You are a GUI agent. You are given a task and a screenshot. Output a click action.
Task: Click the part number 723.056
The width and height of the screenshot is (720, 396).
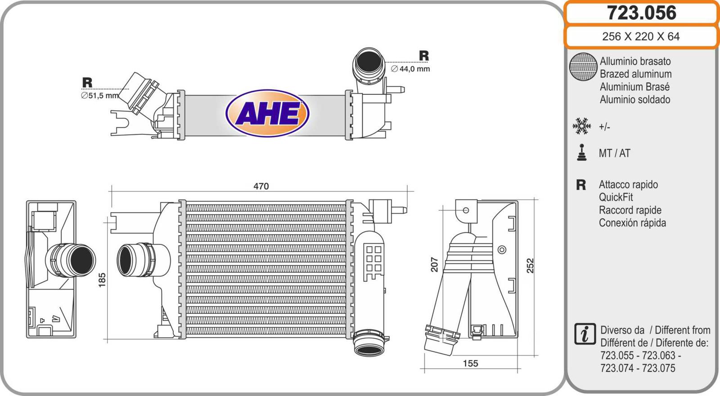[641, 13]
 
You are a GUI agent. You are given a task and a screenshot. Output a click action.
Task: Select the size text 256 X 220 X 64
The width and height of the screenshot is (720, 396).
[641, 36]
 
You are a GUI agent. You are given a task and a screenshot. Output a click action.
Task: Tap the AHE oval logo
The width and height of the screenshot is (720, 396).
[267, 113]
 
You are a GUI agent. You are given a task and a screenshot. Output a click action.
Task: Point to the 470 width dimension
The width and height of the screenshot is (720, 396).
[261, 186]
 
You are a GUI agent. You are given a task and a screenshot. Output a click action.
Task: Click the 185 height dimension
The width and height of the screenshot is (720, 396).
[102, 280]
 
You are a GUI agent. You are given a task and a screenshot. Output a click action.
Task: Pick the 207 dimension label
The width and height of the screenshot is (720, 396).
[435, 265]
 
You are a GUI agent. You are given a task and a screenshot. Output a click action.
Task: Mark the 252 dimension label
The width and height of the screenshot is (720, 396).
[530, 266]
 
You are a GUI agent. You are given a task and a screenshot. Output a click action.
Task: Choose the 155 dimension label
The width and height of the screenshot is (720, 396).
[470, 363]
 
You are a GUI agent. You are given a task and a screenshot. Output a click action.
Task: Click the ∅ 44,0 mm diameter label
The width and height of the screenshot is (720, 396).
[410, 69]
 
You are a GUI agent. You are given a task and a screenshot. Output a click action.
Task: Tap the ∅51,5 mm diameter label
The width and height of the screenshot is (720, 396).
[100, 96]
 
